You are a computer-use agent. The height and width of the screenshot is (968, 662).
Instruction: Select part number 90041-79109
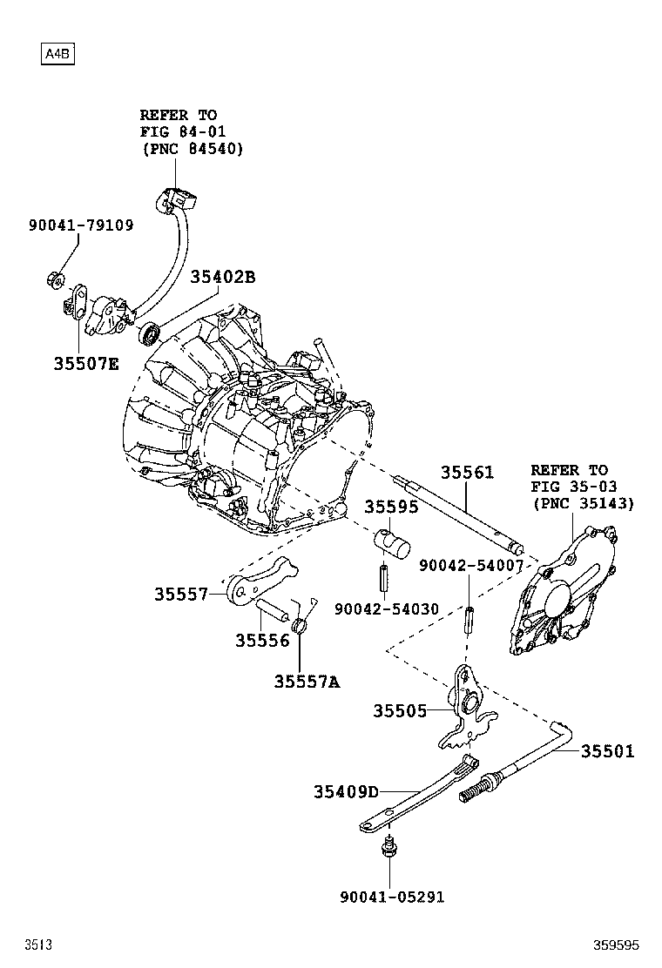[81, 225]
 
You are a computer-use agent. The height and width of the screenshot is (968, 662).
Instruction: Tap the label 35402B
[223, 278]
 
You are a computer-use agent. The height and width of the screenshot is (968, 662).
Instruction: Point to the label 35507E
[85, 364]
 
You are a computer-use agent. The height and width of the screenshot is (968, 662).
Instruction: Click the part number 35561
[466, 474]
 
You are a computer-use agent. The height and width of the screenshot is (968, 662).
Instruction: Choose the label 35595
[391, 507]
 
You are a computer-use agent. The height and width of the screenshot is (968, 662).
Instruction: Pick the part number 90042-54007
[470, 566]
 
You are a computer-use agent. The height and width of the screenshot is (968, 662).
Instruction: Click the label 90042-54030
[387, 608]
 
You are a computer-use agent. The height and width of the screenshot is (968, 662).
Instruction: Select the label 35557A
[307, 682]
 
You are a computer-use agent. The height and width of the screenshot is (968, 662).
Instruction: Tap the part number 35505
[400, 711]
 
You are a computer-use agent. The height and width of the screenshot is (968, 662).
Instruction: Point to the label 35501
[608, 751]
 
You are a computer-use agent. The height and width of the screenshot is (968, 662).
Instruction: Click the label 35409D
[347, 791]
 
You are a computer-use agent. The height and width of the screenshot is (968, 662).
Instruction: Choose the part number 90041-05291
[391, 897]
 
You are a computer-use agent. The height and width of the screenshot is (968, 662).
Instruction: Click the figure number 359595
[617, 944]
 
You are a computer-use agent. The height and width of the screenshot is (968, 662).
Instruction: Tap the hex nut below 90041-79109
[52, 280]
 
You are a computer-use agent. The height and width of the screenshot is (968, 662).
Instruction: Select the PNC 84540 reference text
[192, 149]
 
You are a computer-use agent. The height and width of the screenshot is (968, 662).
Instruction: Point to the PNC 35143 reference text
[583, 503]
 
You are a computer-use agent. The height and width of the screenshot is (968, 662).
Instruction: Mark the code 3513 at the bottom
[37, 944]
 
